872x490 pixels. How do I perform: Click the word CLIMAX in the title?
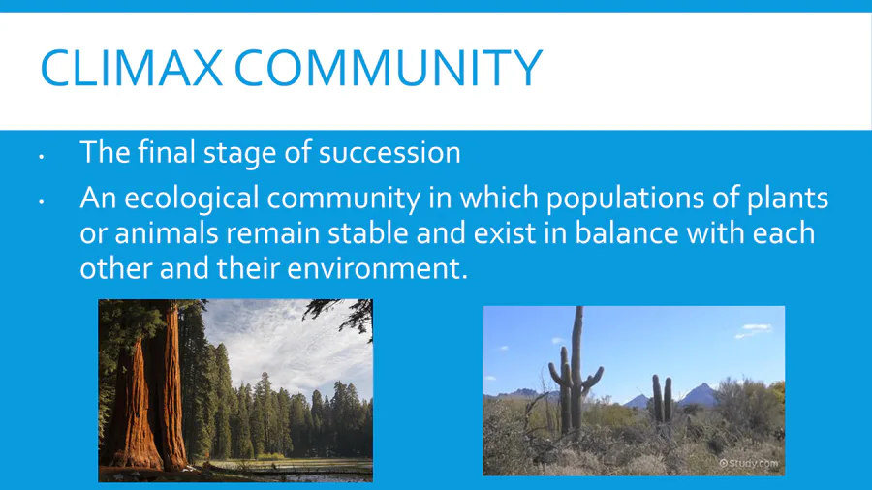coord(131,68)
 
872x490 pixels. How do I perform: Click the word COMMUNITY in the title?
coord(389,68)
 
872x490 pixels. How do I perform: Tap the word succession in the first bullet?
coord(389,152)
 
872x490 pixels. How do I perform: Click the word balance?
coord(626,233)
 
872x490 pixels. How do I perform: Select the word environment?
coord(374,269)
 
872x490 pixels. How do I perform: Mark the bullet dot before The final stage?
coord(41,157)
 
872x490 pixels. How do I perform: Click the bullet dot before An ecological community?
coord(41,202)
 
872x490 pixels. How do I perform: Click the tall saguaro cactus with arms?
coord(576,372)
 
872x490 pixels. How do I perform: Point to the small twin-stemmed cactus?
coord(662,399)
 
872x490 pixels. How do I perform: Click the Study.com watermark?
coord(749,463)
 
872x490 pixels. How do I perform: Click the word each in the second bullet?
coord(784,233)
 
